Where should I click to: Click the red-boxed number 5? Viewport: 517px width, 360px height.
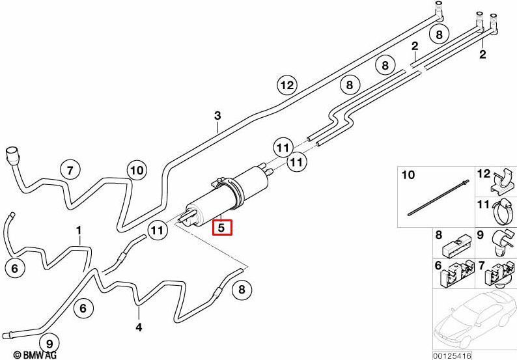[x=222, y=227]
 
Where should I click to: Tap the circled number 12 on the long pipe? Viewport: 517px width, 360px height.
[x=287, y=85]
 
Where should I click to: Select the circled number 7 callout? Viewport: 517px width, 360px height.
[x=70, y=171]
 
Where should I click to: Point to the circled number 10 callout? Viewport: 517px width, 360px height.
[x=137, y=170]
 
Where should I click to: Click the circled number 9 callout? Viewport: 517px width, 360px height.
[x=49, y=344]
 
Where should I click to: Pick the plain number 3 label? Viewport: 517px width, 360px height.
[x=217, y=116]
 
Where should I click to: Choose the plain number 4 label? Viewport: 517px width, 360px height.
[x=139, y=327]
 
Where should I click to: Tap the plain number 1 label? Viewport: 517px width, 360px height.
[x=79, y=230]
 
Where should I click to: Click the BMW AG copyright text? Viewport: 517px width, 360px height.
[x=36, y=355]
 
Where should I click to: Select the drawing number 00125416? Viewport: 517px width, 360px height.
[x=453, y=355]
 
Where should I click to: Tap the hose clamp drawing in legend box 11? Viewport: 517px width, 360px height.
[x=503, y=213]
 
